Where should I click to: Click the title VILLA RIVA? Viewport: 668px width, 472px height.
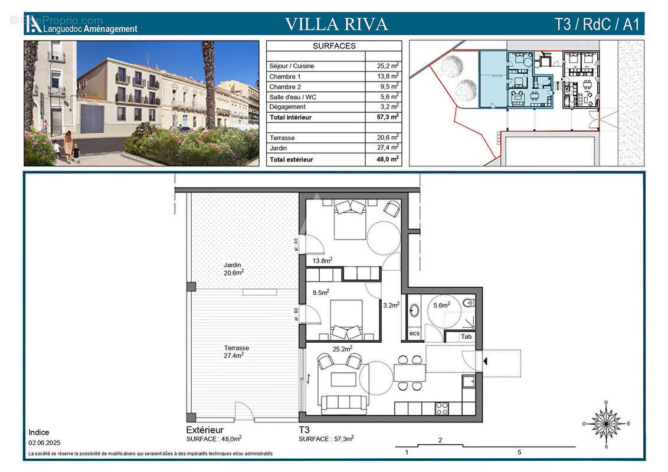336,24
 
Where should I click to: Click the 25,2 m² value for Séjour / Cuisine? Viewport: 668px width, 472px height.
388,66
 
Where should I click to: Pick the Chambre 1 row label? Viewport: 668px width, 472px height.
285,77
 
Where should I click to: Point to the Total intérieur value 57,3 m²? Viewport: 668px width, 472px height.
387,117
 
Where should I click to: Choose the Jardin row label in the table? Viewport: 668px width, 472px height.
279,148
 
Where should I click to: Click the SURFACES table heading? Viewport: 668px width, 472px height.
333,46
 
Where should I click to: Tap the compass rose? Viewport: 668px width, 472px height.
606,424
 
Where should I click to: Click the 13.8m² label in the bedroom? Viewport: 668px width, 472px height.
322,260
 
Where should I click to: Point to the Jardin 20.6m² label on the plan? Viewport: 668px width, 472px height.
234,269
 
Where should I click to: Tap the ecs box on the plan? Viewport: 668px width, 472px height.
414,333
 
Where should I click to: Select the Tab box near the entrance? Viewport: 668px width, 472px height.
466,337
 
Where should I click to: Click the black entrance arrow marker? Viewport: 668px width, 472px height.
485,360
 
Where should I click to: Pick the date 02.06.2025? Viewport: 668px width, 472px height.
44,442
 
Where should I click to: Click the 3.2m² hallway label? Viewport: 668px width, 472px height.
391,305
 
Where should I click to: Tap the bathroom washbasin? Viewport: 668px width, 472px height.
414,310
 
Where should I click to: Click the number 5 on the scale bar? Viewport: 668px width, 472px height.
519,453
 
